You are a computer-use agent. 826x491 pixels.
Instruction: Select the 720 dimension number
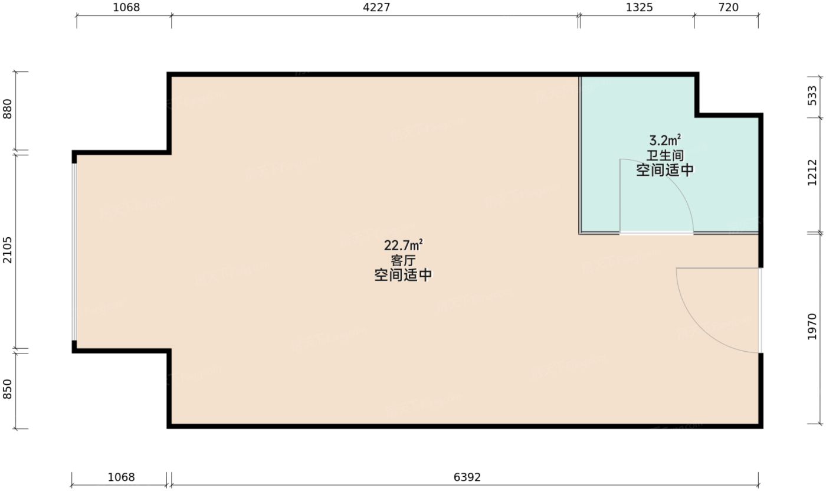coord(729,8)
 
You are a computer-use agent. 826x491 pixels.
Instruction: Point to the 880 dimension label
coord(8,108)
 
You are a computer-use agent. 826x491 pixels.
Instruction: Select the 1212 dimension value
coord(812,173)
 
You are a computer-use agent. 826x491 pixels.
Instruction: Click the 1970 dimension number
coord(812,326)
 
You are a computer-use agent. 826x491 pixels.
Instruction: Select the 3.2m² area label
coord(665,140)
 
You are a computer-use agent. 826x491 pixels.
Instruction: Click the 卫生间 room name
coord(665,156)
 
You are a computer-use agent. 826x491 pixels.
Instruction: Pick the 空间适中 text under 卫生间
coord(665,171)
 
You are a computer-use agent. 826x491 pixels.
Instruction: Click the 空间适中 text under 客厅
coord(404,276)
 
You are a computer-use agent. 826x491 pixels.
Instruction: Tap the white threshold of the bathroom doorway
coord(656,234)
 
